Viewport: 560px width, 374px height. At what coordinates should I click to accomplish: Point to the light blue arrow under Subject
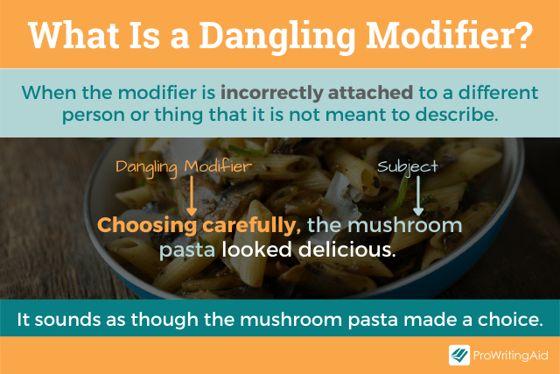[418, 194]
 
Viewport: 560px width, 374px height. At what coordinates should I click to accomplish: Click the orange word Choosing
[149, 226]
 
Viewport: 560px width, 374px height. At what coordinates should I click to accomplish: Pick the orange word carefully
[254, 226]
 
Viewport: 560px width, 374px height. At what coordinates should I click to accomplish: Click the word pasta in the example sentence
[187, 250]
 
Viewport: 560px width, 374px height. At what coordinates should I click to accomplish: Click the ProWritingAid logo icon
[458, 355]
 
